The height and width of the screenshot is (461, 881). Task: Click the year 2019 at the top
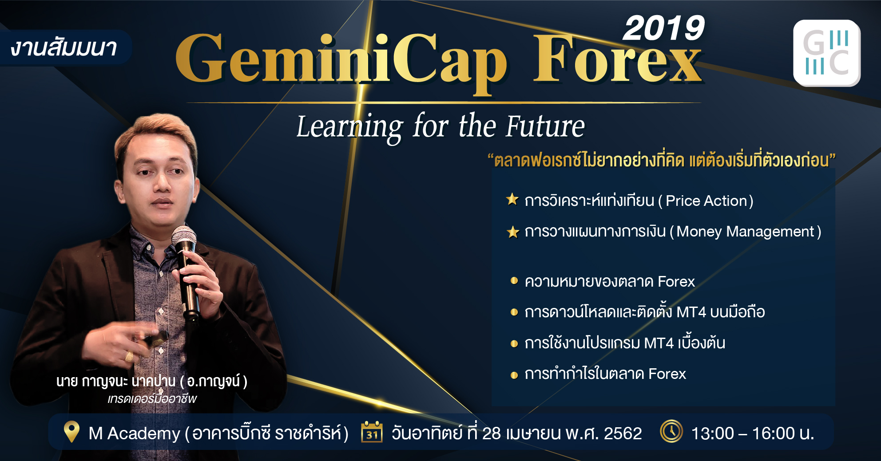click(663, 28)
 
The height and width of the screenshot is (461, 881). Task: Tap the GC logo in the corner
click(827, 53)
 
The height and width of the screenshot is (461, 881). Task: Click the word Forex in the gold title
click(617, 60)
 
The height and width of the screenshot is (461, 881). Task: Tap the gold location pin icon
click(71, 432)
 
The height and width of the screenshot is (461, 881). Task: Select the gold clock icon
click(671, 431)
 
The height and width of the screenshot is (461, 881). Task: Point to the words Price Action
click(706, 201)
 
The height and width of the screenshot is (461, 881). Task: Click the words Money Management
click(745, 232)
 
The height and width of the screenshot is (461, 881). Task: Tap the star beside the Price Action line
click(512, 199)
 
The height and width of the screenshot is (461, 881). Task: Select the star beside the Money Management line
click(513, 232)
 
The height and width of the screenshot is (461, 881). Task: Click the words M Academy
click(135, 433)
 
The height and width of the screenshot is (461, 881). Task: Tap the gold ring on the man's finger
click(129, 356)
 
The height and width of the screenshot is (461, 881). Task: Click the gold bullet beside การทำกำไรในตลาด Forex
click(514, 375)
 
